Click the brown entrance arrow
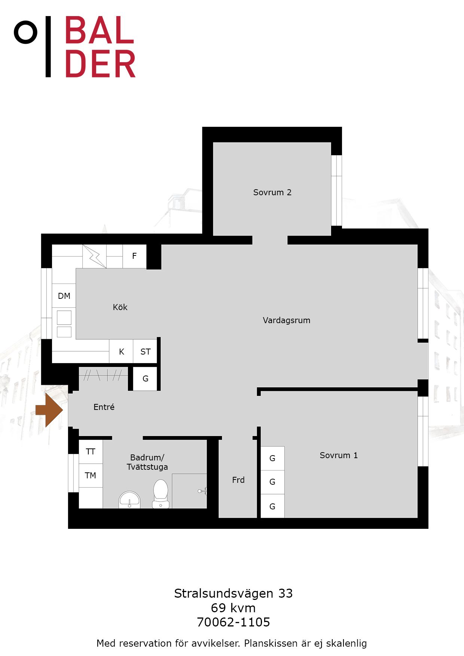coord(49,410)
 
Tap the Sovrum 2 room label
coord(272,192)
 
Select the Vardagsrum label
coord(286,320)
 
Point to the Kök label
coord(120,307)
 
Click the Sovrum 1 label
coord(339,455)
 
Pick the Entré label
coord(104,407)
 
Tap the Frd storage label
coord(238,480)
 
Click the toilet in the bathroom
coord(161,494)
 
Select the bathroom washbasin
coord(129,500)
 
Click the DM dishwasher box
coord(64,295)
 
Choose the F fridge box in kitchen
coord(134,256)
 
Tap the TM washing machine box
coord(91,475)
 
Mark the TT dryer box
coord(91,452)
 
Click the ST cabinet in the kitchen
coord(145,351)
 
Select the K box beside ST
coord(121,351)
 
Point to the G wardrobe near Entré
coord(145,379)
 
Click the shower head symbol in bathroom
coord(202,491)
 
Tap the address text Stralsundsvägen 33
coord(233,594)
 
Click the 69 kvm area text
coord(233,608)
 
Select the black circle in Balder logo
coord(26,32)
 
